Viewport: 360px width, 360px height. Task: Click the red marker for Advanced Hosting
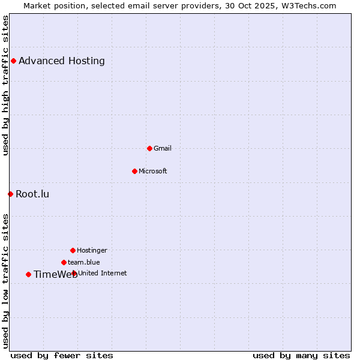pos(13,61)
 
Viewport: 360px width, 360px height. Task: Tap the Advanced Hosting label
pos(62,61)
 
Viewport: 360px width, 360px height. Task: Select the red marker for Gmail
pos(149,148)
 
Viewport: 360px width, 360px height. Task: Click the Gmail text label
pos(163,148)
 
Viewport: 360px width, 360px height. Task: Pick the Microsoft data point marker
pos(134,171)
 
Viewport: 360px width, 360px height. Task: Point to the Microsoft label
pos(153,171)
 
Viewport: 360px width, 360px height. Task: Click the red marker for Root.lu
pos(10,194)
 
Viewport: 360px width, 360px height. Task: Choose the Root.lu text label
pos(32,194)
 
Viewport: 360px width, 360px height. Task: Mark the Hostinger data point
pos(73,250)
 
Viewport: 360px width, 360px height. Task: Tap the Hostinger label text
pos(92,250)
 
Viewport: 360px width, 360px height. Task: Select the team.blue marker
pos(64,262)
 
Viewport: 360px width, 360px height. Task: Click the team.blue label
pos(84,262)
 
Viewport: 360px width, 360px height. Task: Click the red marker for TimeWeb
pos(28,274)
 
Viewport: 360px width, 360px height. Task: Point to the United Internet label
pos(103,273)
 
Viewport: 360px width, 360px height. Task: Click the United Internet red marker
pos(74,273)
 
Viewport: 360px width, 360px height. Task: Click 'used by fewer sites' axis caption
pos(62,355)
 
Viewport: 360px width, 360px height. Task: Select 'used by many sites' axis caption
pos(301,355)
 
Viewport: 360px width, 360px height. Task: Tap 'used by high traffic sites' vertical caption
pos(5,85)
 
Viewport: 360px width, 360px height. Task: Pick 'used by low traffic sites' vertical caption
pos(5,281)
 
